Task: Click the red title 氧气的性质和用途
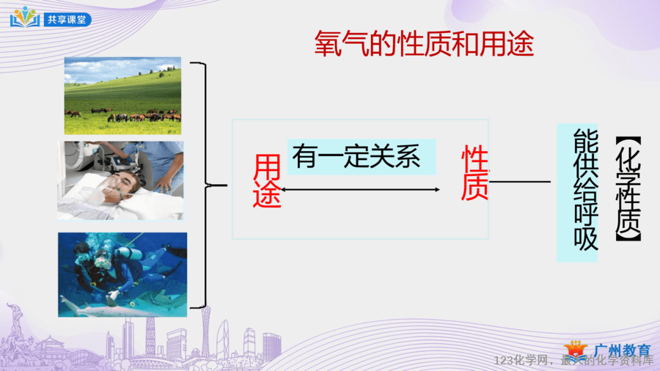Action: [424, 44]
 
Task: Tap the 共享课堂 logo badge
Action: [51, 18]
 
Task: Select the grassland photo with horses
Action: [122, 96]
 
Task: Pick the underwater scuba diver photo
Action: [122, 275]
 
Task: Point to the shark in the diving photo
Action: [105, 306]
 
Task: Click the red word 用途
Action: [267, 181]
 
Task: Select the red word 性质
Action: [474, 172]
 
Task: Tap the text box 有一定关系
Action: [361, 156]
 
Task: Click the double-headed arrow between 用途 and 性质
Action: [360, 190]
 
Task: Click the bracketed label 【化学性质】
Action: [628, 189]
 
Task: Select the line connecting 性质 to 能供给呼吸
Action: [520, 182]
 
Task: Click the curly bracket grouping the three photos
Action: [206, 185]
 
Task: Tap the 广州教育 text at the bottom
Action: [622, 350]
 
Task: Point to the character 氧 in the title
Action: [329, 44]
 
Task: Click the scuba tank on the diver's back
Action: [129, 252]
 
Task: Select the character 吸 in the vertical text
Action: [585, 239]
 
